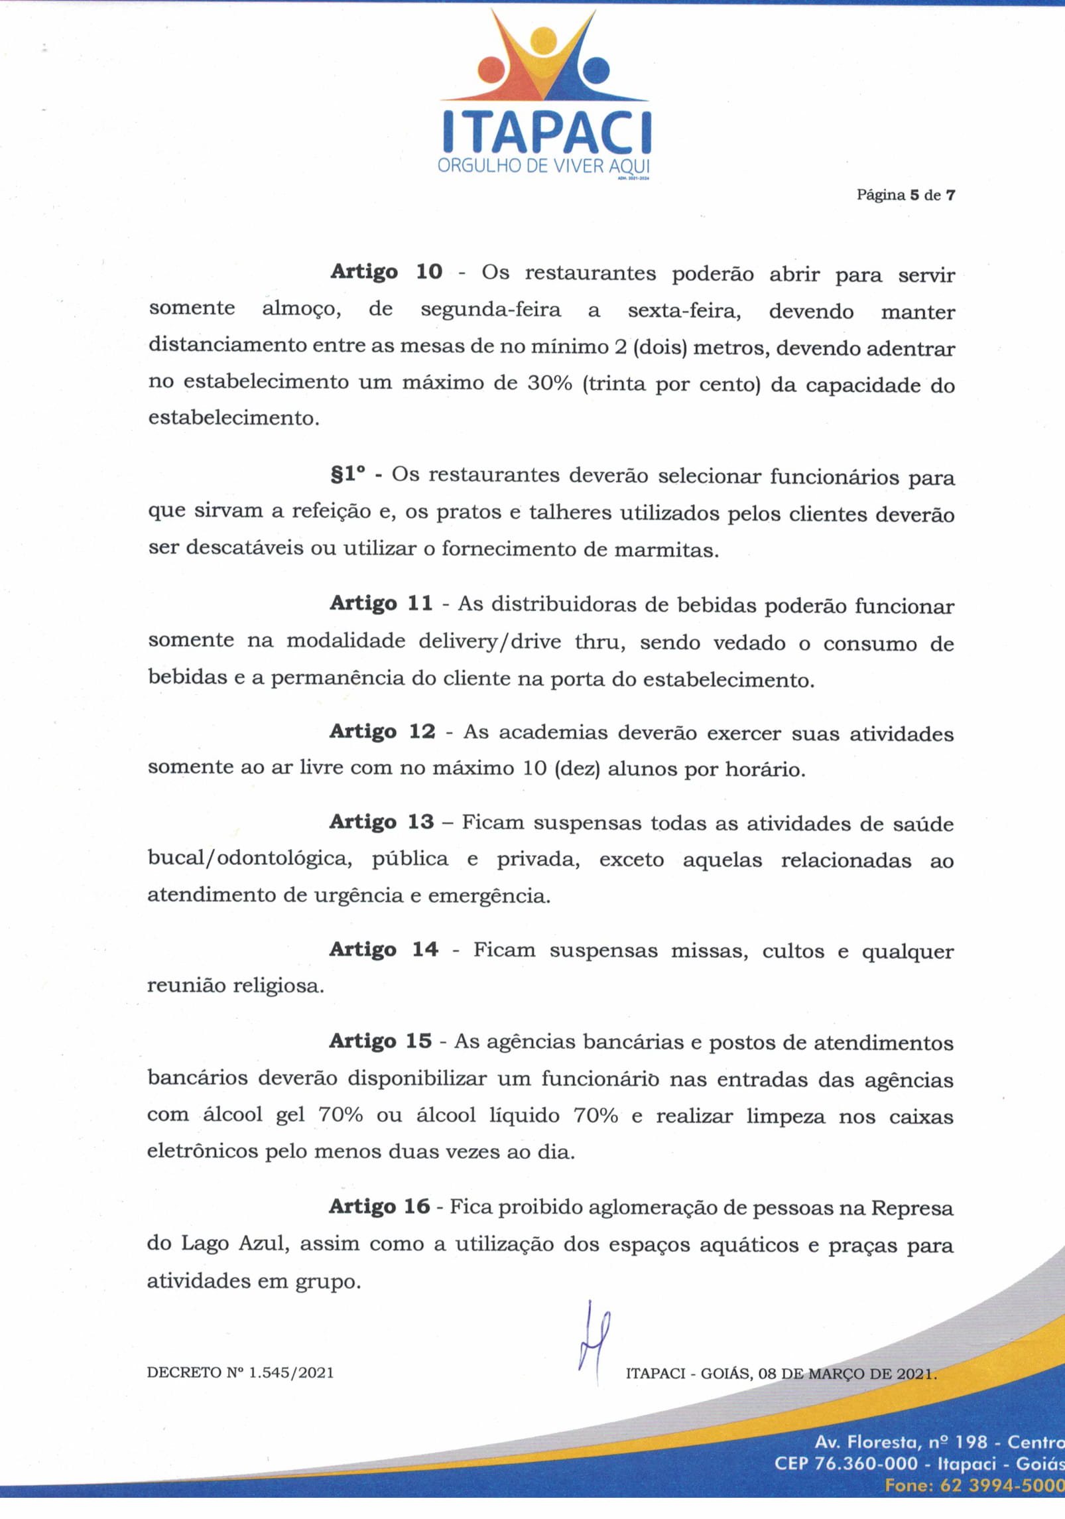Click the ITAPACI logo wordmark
[546, 132]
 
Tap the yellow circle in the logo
[543, 43]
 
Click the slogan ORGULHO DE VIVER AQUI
[543, 166]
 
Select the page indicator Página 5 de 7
[905, 195]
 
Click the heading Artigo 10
[386, 271]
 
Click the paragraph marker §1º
[348, 474]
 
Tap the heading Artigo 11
[381, 603]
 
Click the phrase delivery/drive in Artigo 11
[489, 641]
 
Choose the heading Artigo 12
[383, 731]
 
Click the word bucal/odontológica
[249, 859]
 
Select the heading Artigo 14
[384, 949]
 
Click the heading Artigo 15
[381, 1041]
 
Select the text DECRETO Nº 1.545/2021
[240, 1372]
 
